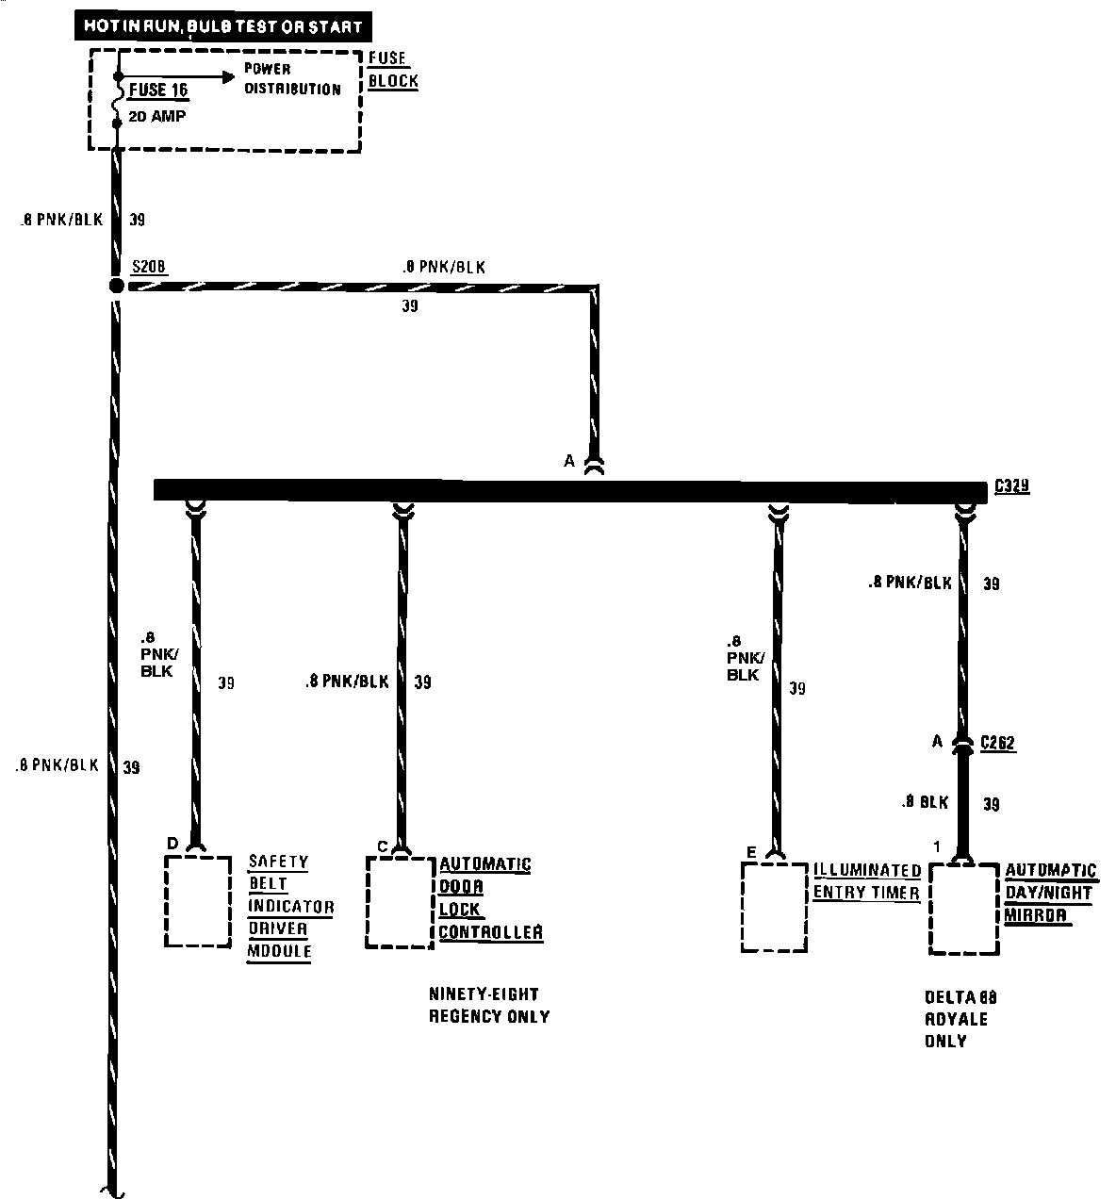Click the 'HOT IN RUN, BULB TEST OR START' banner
pyautogui.click(x=222, y=26)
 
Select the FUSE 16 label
pyautogui.click(x=157, y=90)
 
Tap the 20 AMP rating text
pyautogui.click(x=157, y=117)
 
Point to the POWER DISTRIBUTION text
pyautogui.click(x=292, y=79)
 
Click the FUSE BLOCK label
pyautogui.click(x=393, y=70)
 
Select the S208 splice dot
pyautogui.click(x=116, y=286)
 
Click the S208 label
pyautogui.click(x=148, y=268)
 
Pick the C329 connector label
pyautogui.click(x=1012, y=486)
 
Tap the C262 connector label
pyautogui.click(x=998, y=743)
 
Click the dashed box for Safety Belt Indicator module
pyautogui.click(x=198, y=901)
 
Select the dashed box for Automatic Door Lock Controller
pyautogui.click(x=400, y=902)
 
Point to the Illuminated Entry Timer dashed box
pyautogui.click(x=774, y=906)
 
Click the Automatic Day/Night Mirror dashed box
pyautogui.click(x=962, y=908)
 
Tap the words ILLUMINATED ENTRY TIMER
pyautogui.click(x=866, y=881)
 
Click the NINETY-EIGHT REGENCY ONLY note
pyautogui.click(x=488, y=1005)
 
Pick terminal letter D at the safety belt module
pyautogui.click(x=172, y=843)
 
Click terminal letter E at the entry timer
pyautogui.click(x=751, y=852)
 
